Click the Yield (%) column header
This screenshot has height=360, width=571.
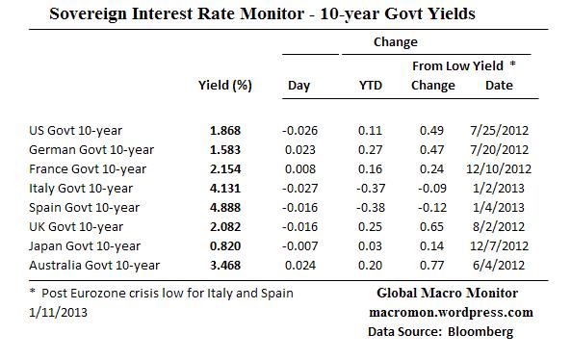coord(224,86)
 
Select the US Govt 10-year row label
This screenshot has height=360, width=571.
coord(76,130)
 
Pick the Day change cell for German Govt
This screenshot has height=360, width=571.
coord(298,149)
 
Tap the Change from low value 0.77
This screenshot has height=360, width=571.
coord(432,265)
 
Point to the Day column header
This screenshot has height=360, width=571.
coord(298,86)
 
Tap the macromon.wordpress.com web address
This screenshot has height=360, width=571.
coord(450,313)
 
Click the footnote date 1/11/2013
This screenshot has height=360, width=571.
coord(58,313)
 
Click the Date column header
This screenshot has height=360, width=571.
coord(498,86)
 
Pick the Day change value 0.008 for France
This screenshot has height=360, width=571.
coord(298,168)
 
